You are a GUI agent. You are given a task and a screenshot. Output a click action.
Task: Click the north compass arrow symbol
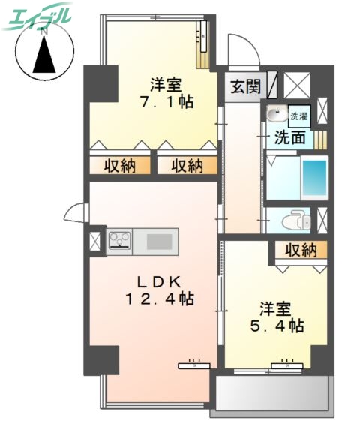tap(43, 55)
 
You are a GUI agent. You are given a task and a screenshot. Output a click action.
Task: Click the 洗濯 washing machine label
tap(298, 116)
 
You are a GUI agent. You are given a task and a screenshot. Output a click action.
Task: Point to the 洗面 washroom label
tap(289, 137)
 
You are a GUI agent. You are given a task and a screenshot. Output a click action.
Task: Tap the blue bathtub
tap(316, 177)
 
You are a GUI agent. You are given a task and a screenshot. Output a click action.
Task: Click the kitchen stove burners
tap(119, 241)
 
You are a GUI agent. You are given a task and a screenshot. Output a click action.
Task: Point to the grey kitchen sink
tap(158, 241)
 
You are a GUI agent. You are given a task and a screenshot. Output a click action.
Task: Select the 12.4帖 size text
tap(159, 299)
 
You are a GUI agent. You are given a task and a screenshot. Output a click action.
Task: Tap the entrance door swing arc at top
tap(240, 50)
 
